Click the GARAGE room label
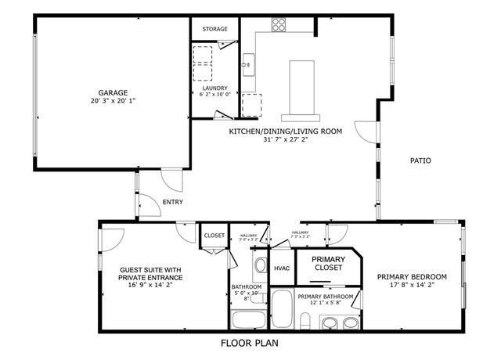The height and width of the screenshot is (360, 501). [x=113, y=92]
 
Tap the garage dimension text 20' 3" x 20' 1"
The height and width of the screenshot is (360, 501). [x=113, y=101]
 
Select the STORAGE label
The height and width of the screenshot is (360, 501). [x=215, y=29]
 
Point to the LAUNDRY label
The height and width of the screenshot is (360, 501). [x=215, y=88]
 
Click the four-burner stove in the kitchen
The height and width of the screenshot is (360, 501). [x=279, y=24]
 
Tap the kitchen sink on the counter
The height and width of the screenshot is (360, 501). [x=247, y=63]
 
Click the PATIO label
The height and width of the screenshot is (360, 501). [x=420, y=160]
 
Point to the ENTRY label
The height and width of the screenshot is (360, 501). [x=172, y=202]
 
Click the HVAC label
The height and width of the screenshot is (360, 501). [x=282, y=268]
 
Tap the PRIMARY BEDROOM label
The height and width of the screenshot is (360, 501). [x=412, y=276]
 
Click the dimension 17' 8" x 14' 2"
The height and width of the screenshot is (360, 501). [x=412, y=286]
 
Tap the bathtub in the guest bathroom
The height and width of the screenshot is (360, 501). [x=249, y=319]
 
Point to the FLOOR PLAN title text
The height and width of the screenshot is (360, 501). [x=249, y=343]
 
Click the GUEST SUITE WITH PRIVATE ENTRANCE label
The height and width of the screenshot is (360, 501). [x=150, y=273]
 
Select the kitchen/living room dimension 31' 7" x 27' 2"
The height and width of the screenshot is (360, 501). [x=285, y=141]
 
